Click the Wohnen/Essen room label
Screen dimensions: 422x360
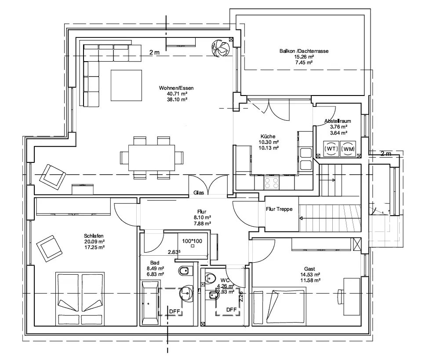coord(176,88)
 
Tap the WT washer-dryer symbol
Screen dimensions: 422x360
coord(331,149)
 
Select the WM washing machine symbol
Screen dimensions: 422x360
coord(348,149)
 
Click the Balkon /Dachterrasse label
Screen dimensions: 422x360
coord(304,51)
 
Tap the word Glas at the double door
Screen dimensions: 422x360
coord(198,193)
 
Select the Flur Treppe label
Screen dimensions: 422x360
coord(279,209)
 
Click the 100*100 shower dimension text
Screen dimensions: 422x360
coord(193,241)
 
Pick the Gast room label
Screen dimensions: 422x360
coord(309,269)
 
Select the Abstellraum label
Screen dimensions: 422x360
coord(338,121)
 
